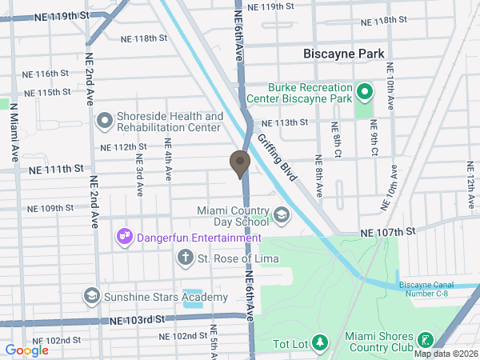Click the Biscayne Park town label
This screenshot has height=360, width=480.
[344, 54]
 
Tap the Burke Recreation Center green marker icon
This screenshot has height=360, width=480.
[365, 92]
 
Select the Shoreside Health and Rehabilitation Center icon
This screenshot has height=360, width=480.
[104, 122]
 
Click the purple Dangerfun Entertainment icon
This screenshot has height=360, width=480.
[124, 237]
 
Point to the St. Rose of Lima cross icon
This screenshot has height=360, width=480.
[185, 258]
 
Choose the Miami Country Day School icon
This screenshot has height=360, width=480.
[282, 214]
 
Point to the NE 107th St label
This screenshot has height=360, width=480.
[389, 231]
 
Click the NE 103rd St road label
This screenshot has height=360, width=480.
[136, 319]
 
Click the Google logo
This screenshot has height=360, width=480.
[27, 350]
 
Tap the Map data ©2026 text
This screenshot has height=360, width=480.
[445, 354]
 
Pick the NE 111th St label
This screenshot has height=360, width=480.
[56, 169]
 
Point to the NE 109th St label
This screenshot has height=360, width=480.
[50, 209]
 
